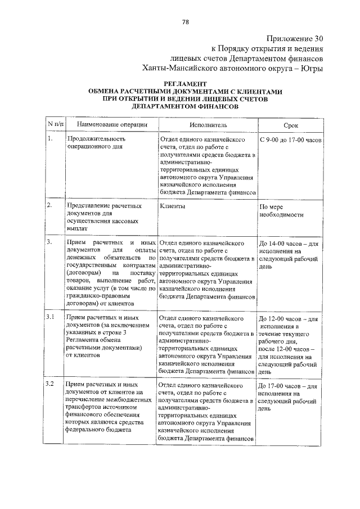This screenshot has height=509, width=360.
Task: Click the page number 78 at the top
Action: (185, 22)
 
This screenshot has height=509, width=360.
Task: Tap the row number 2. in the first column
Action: (50, 206)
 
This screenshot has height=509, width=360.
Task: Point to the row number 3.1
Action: (51, 317)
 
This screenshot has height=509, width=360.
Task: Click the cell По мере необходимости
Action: (282, 211)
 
